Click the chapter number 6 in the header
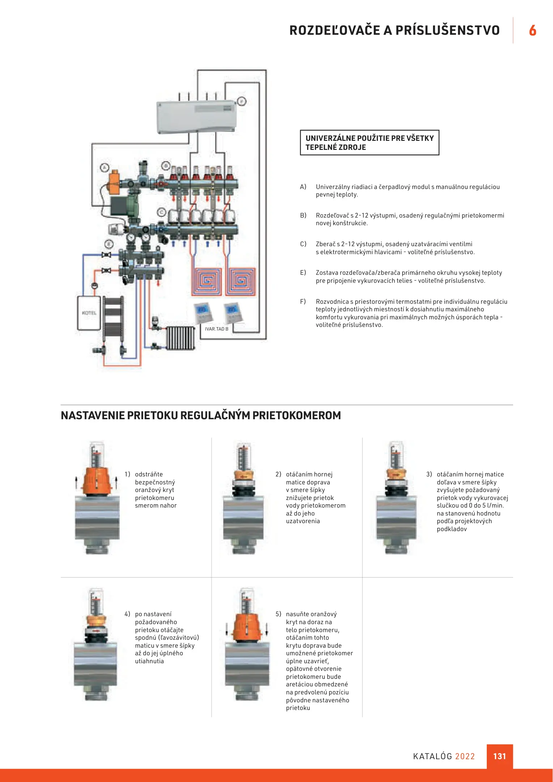pyautogui.click(x=532, y=30)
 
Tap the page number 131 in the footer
pyautogui.click(x=499, y=756)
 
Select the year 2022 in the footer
pyautogui.click(x=465, y=756)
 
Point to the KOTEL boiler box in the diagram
pyautogui.click(x=89, y=313)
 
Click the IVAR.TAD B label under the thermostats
pyautogui.click(x=217, y=329)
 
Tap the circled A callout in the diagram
pyautogui.click(x=105, y=168)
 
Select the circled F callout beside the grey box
pyautogui.click(x=242, y=101)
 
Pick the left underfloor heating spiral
pyautogui.click(x=207, y=282)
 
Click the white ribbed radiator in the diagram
pyautogui.click(x=180, y=338)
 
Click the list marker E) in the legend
pyautogui.click(x=303, y=273)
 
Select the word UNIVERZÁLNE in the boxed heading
pyautogui.click(x=330, y=138)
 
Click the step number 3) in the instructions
pyautogui.click(x=429, y=474)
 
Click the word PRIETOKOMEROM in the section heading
pyautogui.click(x=297, y=415)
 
